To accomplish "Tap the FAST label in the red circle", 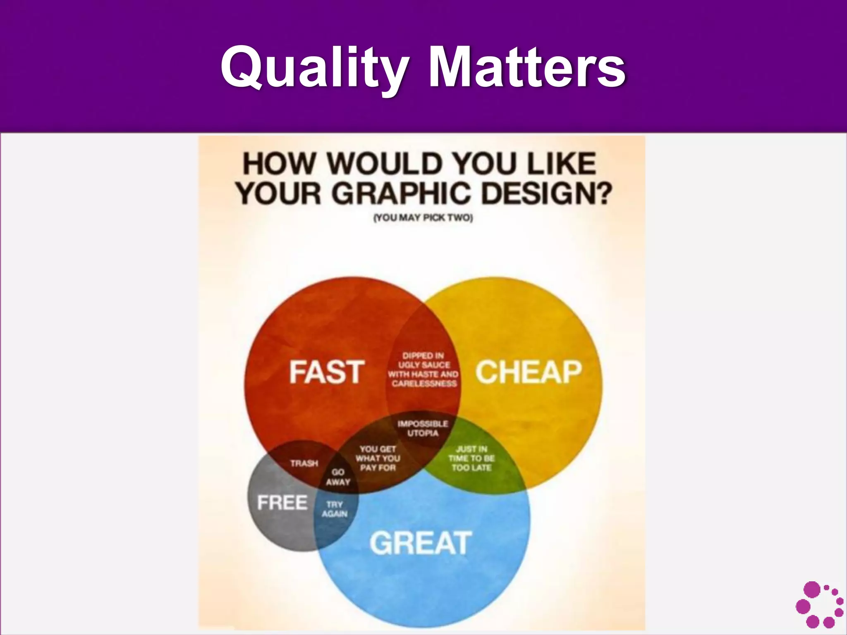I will click(327, 372).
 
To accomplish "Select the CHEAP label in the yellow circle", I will click(529, 372).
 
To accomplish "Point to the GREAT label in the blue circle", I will click(420, 542).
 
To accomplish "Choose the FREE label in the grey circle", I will click(282, 503).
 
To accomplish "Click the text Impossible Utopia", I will click(423, 428).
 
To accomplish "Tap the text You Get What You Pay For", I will click(378, 458).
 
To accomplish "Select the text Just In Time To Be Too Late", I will click(471, 458).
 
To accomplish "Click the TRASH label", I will click(304, 463).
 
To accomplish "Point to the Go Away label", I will click(338, 477).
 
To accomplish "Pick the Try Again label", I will click(335, 509).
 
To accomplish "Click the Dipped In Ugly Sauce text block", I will click(423, 369).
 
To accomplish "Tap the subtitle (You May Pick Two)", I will click(423, 218).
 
